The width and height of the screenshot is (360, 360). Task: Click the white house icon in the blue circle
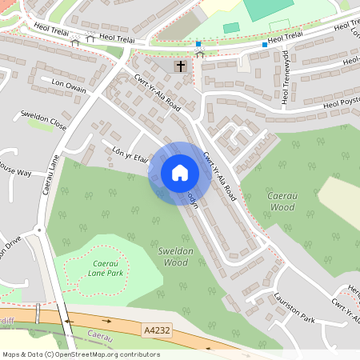point(179,173)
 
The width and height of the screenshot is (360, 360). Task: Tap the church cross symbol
point(181,66)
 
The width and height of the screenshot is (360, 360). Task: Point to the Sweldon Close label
point(44,120)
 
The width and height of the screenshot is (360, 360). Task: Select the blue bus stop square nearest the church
point(198,43)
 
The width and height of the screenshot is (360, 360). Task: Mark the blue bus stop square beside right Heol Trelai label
point(264,45)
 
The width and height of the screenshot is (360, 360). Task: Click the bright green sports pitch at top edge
point(269,9)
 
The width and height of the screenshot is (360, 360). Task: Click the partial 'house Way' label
point(15,172)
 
